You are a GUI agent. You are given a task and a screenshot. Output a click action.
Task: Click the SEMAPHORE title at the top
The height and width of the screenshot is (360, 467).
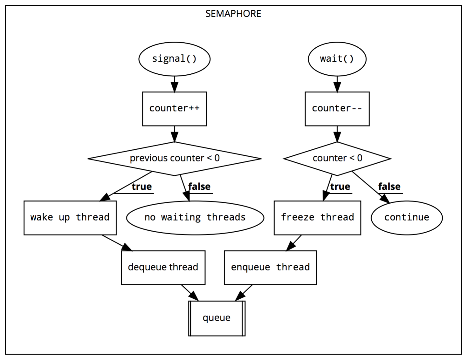point(233,14)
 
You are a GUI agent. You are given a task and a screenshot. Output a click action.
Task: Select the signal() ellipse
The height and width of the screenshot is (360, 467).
point(174,59)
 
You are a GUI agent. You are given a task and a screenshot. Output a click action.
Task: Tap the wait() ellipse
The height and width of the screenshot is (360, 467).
point(337,59)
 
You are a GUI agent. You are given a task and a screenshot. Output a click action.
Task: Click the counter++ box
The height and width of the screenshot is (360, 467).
point(174,109)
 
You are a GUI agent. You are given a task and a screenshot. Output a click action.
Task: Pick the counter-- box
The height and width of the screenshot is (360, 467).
point(337,109)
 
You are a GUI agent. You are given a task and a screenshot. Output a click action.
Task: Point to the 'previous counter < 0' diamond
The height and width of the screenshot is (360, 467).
point(174,158)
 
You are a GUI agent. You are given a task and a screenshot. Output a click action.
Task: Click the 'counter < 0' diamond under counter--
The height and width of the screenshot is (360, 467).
point(337,158)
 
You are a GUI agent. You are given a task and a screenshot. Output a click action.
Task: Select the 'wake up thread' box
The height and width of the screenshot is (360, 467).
point(70,218)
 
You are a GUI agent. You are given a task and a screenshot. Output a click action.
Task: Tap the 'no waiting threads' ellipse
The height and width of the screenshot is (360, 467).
point(195,218)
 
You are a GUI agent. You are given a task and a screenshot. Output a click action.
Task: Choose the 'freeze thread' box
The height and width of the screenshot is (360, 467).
point(317,218)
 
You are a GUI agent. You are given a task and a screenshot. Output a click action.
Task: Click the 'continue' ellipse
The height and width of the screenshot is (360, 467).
point(407,218)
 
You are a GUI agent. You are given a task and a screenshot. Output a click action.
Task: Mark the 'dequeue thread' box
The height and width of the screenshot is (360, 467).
point(163,268)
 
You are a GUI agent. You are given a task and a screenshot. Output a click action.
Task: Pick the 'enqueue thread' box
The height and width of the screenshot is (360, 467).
point(270,268)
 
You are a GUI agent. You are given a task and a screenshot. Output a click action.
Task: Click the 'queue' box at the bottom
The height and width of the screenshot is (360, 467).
point(217,318)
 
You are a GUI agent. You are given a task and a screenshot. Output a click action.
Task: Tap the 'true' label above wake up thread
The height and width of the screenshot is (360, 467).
point(142,187)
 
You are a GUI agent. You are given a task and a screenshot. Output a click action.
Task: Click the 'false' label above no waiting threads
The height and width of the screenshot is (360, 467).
point(199,187)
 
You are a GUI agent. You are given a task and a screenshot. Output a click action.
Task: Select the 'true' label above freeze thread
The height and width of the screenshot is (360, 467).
point(340,187)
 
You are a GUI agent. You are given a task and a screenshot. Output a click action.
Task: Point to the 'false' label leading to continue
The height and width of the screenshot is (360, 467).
point(389,187)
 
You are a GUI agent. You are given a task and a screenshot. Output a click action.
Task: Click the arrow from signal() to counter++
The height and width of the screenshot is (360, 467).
point(174,84)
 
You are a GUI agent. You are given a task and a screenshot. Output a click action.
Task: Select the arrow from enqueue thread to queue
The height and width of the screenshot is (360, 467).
point(244,293)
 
